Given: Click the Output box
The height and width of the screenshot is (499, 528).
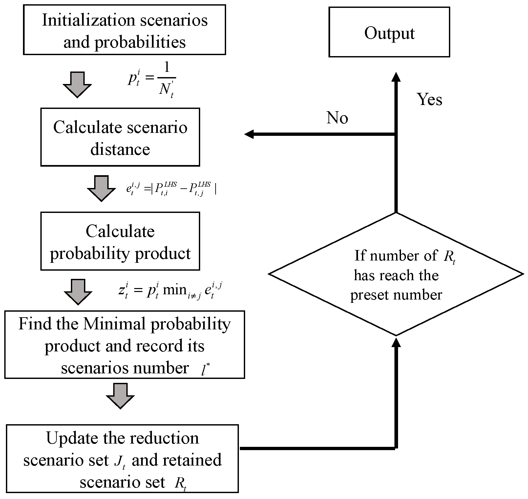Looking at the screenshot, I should pyautogui.click(x=389, y=32).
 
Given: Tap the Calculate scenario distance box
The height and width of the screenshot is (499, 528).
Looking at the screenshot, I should pyautogui.click(x=120, y=137).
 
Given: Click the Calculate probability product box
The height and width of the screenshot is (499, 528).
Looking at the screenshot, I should pyautogui.click(x=120, y=241).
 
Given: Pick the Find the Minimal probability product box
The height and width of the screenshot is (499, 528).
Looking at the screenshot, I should pyautogui.click(x=124, y=345).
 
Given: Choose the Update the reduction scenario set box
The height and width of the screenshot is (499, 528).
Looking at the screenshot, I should pyautogui.click(x=122, y=459).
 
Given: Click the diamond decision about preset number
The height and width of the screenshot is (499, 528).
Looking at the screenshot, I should pyautogui.click(x=396, y=274).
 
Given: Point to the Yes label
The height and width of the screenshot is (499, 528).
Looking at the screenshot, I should pyautogui.click(x=429, y=99).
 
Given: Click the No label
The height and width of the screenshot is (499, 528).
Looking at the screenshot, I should pyautogui.click(x=337, y=117).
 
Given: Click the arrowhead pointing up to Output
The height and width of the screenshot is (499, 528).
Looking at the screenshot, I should pyautogui.click(x=396, y=77).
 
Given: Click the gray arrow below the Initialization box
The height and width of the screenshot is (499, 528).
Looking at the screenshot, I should pyautogui.click(x=77, y=85).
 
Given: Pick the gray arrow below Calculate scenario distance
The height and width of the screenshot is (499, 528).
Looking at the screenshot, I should pyautogui.click(x=101, y=188).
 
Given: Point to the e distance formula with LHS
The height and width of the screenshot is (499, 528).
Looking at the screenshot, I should pyautogui.click(x=171, y=189).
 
